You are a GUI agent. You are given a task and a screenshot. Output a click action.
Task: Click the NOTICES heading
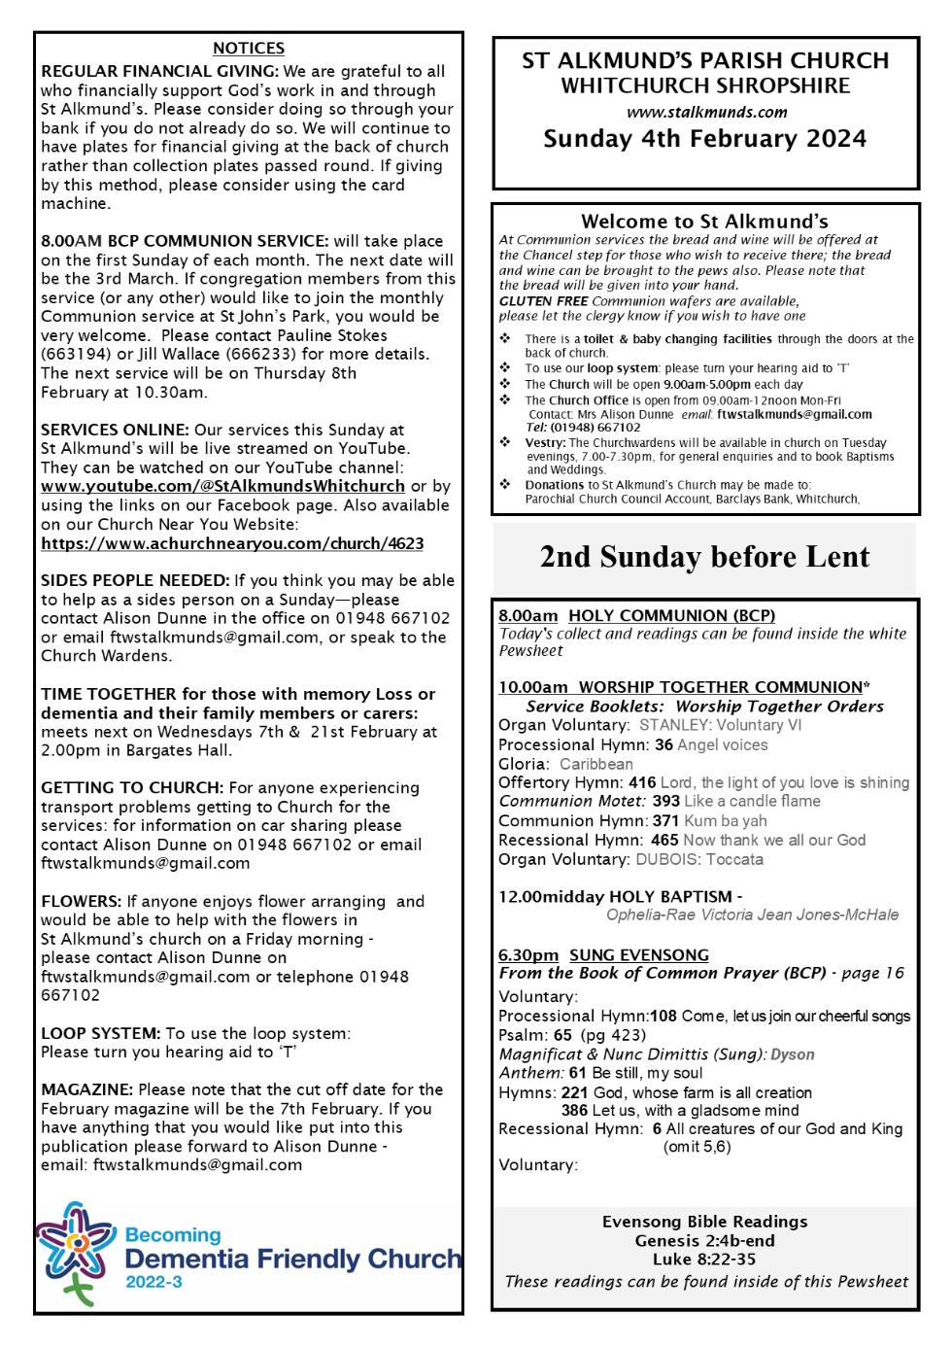[x=249, y=49]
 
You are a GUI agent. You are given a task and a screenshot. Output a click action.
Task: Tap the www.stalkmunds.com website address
[x=706, y=112]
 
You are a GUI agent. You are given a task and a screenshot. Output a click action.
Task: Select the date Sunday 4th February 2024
[x=705, y=139]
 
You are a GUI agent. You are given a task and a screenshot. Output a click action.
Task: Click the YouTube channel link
[x=222, y=486]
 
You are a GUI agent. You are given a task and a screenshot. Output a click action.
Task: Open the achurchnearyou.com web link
[x=232, y=543]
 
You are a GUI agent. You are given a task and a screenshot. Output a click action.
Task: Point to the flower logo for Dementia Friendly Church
[x=74, y=1249]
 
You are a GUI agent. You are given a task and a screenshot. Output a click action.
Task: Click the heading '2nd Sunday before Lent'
[x=705, y=557]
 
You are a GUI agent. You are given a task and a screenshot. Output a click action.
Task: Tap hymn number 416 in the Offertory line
[x=642, y=782]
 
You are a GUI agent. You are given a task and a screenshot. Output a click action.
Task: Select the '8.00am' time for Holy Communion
[x=528, y=615]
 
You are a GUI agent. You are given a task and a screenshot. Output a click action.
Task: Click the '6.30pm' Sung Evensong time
[x=528, y=954]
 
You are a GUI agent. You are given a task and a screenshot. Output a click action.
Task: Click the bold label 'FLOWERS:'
[x=82, y=901]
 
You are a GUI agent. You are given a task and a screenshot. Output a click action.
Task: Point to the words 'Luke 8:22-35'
[x=705, y=1260]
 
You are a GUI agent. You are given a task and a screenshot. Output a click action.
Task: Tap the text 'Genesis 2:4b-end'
[x=705, y=1241]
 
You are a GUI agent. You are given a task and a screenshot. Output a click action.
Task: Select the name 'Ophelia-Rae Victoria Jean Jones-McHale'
[x=752, y=915]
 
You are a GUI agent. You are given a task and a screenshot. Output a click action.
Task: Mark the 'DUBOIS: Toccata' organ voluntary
[x=699, y=859]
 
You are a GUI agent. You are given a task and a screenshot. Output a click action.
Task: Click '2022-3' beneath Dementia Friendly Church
[x=153, y=1283]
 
